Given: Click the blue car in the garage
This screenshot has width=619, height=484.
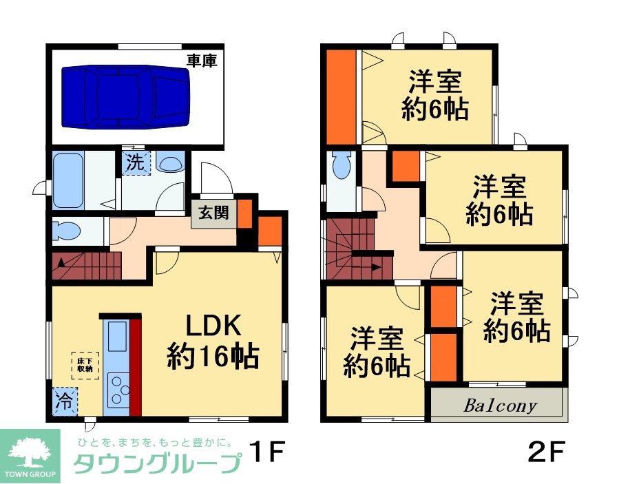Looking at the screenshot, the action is click(x=125, y=96).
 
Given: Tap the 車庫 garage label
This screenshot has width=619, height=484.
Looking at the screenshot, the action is click(x=202, y=61).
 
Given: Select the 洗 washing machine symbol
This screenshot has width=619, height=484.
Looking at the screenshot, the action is click(x=136, y=162).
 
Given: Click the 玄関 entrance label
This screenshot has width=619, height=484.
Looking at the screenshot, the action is click(x=213, y=213).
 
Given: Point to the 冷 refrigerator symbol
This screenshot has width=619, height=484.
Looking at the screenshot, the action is click(x=64, y=401).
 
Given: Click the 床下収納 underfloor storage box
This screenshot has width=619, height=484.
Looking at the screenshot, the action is click(x=85, y=365).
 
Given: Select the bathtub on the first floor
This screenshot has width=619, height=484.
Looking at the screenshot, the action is click(x=68, y=180).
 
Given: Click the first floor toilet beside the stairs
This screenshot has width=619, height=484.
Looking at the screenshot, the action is click(x=67, y=231).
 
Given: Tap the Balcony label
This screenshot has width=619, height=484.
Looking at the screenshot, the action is click(x=500, y=405).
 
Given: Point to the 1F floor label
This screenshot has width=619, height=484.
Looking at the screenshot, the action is click(x=268, y=452).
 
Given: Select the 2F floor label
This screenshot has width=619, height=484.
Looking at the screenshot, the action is click(x=547, y=451).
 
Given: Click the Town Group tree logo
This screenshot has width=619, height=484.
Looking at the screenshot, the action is click(x=30, y=454).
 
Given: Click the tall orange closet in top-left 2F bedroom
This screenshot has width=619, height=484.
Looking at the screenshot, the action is click(x=341, y=96).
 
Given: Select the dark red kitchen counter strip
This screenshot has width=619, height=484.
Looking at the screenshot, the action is click(x=136, y=367).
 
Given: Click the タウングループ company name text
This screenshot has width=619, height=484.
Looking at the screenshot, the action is click(x=158, y=463).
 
